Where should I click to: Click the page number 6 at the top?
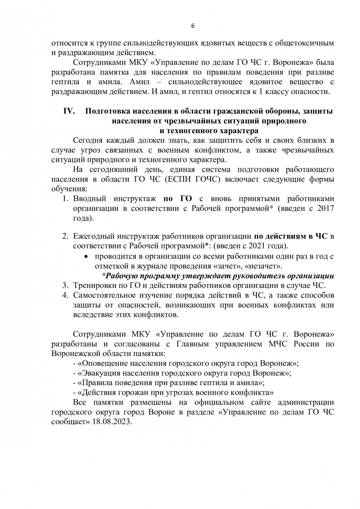pos(193,26)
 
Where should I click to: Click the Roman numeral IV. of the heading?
pos(69,111)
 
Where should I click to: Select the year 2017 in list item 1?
pos(325,208)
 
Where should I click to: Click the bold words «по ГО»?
pos(177,199)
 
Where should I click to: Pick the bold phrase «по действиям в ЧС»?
pos(291,237)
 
